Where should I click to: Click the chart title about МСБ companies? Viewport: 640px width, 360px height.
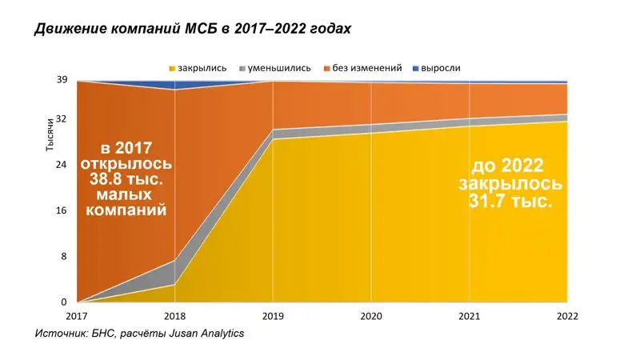tap(193, 29)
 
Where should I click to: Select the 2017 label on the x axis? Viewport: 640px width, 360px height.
tap(78, 317)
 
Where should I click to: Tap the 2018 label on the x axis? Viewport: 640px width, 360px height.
tap(175, 317)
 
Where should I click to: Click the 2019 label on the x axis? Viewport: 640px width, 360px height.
tap(274, 317)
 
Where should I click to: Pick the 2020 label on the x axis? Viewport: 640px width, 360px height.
tap(371, 317)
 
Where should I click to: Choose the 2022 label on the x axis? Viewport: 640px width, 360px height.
tap(567, 317)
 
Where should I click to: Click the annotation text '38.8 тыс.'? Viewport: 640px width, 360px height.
tap(126, 179)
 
